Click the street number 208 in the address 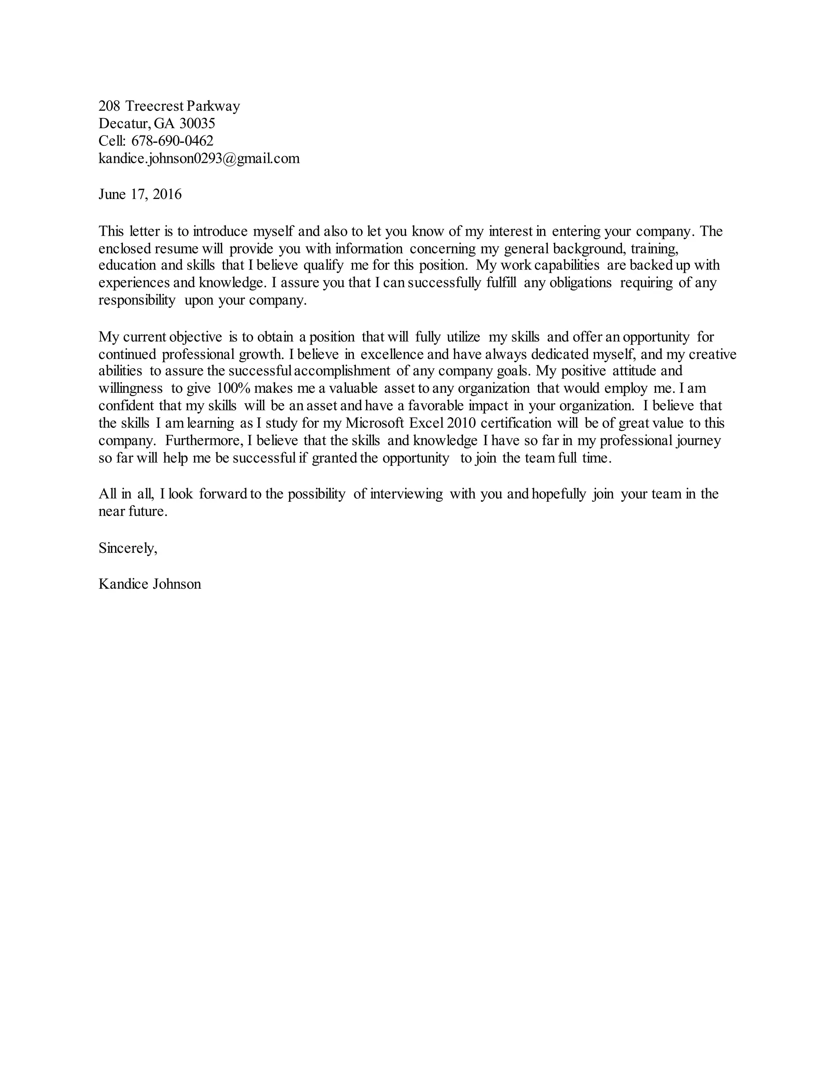pyautogui.click(x=109, y=106)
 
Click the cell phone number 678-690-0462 pyautogui.click(x=172, y=141)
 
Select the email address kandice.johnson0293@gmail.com pyautogui.click(x=199, y=158)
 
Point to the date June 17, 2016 pyautogui.click(x=140, y=194)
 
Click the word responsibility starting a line pyautogui.click(x=137, y=301)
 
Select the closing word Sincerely pyautogui.click(x=128, y=548)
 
